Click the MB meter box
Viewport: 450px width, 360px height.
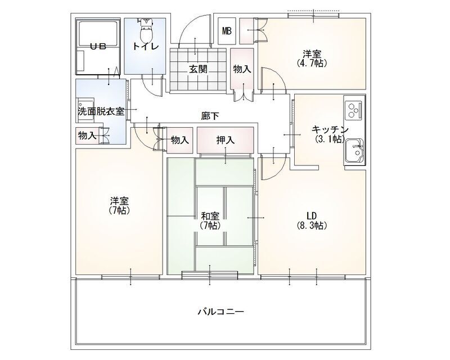(227, 30)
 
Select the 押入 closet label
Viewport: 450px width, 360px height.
(225, 139)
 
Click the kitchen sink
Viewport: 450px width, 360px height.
(354, 150)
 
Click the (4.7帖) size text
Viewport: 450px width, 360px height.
(312, 64)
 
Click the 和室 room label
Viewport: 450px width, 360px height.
(209, 215)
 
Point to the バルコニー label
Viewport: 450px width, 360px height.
(220, 311)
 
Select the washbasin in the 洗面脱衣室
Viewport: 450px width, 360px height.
(83, 105)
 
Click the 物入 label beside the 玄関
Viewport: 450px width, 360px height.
(242, 69)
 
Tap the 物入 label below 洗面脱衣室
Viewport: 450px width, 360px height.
(87, 136)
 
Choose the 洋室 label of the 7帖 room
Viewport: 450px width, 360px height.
(120, 200)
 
